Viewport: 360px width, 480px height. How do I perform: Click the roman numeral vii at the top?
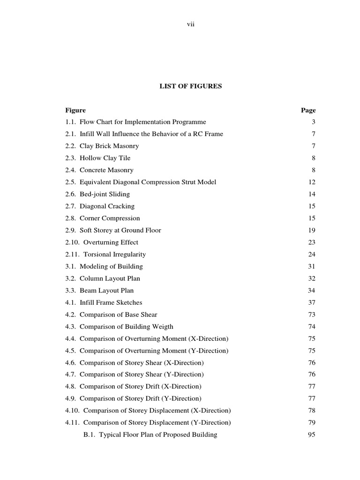pos(190,24)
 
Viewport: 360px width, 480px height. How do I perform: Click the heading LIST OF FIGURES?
pos(190,86)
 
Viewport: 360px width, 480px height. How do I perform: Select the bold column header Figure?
pos(75,111)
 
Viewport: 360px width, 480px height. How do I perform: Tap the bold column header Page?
pos(308,111)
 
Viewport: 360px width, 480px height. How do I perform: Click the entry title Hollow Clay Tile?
pos(105,158)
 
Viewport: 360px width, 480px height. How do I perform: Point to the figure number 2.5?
pos(71,182)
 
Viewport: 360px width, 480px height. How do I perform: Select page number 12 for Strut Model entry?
pos(312,182)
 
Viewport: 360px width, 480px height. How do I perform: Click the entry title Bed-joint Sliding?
pos(105,195)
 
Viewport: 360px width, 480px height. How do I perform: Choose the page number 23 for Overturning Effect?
pos(312,243)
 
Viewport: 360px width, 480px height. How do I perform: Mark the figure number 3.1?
pos(71,267)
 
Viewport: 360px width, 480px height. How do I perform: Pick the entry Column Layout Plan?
pos(110,279)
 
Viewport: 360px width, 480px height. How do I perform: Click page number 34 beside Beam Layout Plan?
pos(312,291)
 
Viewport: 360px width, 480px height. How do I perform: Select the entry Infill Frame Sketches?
pos(111,303)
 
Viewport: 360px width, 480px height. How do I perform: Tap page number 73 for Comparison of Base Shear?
pos(312,315)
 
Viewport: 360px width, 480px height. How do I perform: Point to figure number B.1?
pos(90,435)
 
